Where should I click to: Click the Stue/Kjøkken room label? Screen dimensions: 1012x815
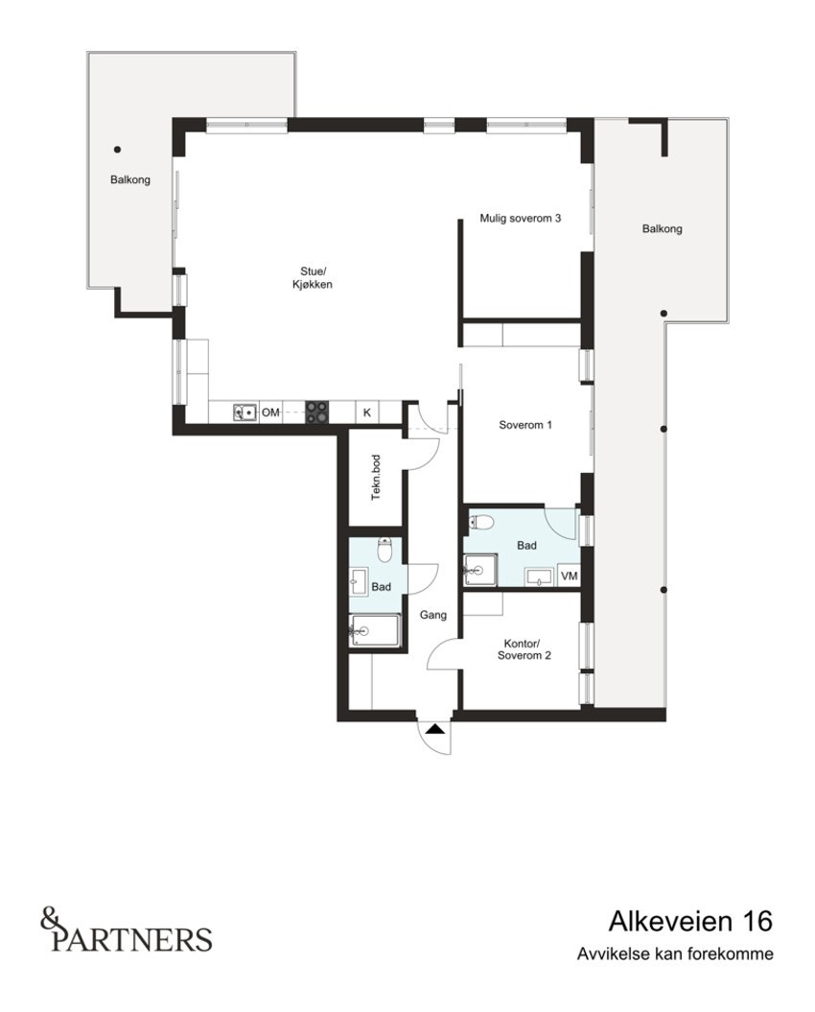tap(313, 277)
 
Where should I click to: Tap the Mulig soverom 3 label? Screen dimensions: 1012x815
tap(520, 219)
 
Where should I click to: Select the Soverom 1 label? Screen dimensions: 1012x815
tap(525, 424)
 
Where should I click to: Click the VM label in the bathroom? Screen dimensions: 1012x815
tap(570, 576)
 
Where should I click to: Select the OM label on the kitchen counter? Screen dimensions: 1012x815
tap(271, 412)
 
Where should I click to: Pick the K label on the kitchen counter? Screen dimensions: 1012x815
tap(366, 412)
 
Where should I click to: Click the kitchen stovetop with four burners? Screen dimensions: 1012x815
tap(317, 412)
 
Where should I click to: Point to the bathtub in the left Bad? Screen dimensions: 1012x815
tap(374, 629)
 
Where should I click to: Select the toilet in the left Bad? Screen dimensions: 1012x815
tap(384, 551)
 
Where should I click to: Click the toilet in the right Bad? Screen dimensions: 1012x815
tap(482, 522)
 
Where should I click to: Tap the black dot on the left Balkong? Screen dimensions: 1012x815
tap(117, 149)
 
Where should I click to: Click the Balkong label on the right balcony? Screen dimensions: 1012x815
tap(663, 229)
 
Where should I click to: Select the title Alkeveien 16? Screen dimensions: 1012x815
tap(689, 922)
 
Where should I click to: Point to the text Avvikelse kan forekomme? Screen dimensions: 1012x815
tap(674, 954)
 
